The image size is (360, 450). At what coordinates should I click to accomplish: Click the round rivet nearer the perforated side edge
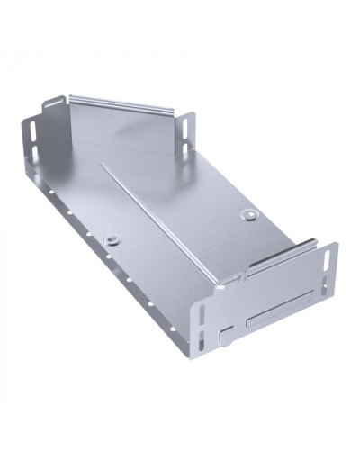click(112, 239)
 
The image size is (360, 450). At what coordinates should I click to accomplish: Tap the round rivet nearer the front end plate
click(248, 215)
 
